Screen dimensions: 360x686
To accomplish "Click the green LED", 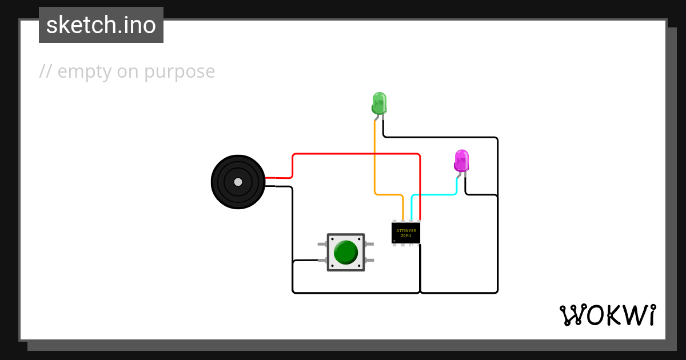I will (379, 103).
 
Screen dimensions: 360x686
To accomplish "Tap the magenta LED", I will (461, 161).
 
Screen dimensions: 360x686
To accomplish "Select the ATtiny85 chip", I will (406, 233).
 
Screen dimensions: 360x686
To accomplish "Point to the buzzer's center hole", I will (238, 182).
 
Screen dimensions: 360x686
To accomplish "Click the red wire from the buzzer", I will (354, 154).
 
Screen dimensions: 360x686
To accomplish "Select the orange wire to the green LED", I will (375, 166).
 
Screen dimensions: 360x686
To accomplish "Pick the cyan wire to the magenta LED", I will (434, 195).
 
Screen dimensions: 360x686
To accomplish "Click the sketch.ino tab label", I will (101, 25).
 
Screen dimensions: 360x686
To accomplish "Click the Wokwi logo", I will (607, 315).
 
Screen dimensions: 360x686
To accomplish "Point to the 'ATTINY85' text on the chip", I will (406, 230).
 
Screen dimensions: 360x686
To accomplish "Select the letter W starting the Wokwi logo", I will (572, 315).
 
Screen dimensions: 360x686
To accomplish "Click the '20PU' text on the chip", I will (406, 236).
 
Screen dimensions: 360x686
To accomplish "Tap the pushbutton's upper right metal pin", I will (369, 244).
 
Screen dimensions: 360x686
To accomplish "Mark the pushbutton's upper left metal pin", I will (322, 244).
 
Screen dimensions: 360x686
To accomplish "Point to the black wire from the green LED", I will (440, 137).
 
